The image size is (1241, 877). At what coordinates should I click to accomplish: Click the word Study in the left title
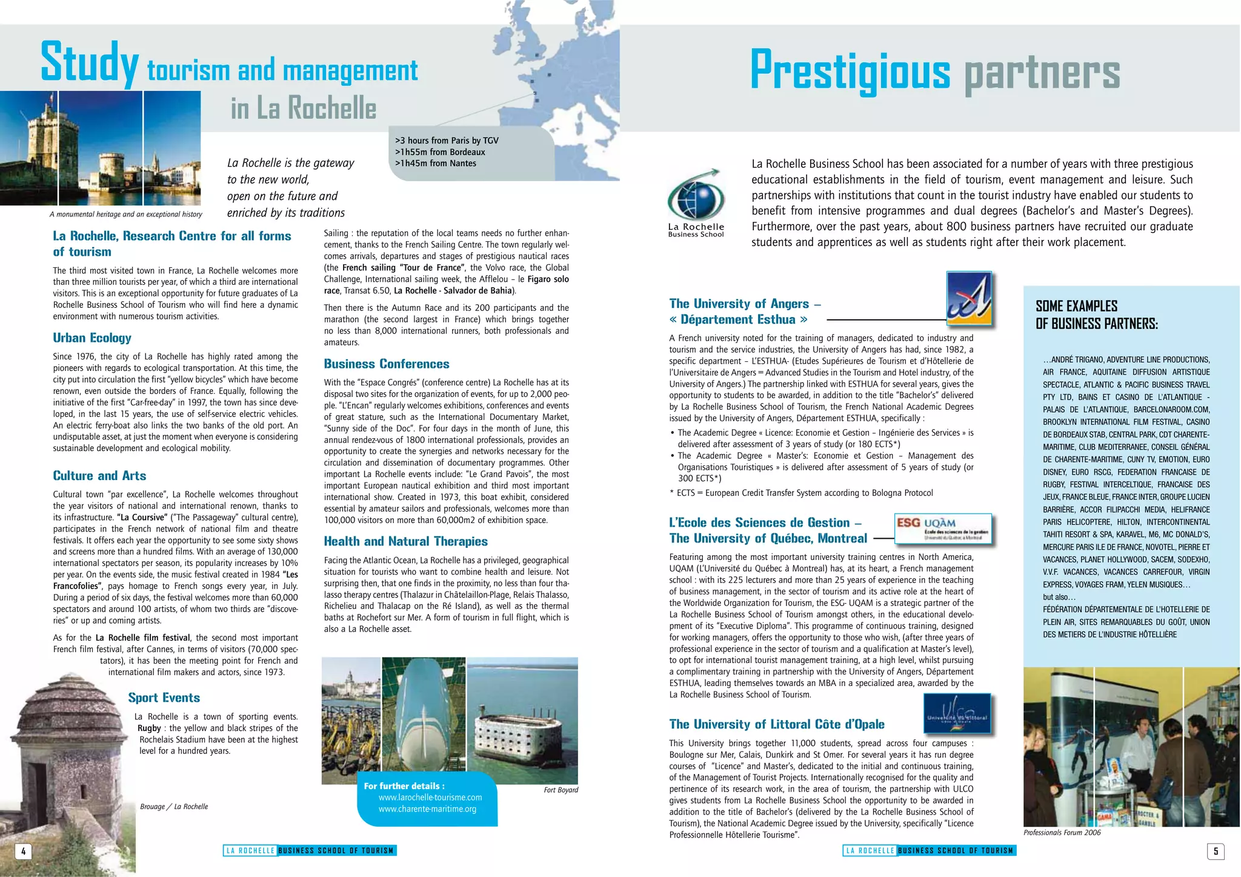pos(90,63)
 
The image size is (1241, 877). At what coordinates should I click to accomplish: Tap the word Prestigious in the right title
pos(850,71)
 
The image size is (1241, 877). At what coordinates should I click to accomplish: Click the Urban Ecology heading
pos(92,338)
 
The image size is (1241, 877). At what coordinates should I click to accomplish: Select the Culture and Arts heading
pos(99,476)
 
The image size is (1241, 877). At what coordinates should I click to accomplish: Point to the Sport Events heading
pos(164,698)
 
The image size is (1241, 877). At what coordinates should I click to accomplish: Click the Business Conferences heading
pos(386,364)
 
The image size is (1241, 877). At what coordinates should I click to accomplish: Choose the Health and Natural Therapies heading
pos(405,542)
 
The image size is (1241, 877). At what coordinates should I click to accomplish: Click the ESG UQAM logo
pos(943,529)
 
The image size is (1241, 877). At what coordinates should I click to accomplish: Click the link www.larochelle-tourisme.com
pos(430,798)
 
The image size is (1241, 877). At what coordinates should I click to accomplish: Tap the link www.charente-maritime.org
pos(427,809)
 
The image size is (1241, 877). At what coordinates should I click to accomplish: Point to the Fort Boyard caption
pos(561,790)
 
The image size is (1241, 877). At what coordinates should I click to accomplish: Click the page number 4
pos(23,851)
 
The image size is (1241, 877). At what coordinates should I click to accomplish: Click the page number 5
pos(1215,851)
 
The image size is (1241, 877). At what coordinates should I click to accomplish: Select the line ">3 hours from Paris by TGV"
pos(447,141)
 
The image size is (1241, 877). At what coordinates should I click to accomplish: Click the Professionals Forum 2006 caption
pos(1062,833)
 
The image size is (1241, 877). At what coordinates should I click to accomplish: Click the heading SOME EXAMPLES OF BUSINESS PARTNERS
pos(1096,315)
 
